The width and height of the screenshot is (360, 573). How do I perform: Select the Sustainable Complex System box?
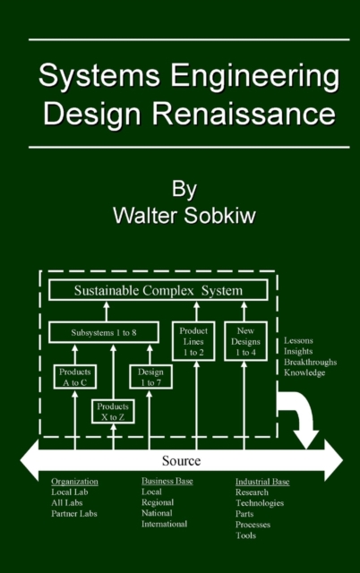158,291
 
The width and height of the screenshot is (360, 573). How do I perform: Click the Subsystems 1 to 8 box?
106,333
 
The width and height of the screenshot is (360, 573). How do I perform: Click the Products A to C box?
74,377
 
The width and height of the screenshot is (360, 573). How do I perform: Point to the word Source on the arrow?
181,460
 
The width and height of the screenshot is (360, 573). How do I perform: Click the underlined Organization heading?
74,482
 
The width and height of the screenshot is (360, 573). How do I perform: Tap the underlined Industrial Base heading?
262,482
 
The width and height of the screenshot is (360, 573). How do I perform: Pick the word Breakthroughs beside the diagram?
310,362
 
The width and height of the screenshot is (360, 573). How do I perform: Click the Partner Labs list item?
74,514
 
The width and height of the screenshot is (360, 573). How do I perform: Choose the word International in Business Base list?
164,525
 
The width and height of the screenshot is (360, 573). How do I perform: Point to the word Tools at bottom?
245,535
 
